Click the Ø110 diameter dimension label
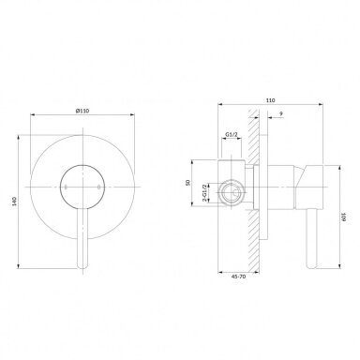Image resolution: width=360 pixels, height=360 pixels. (82, 111)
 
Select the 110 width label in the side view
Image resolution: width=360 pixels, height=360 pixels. (271, 100)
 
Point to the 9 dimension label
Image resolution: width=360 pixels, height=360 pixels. (281, 114)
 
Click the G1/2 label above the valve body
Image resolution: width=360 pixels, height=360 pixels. (232, 134)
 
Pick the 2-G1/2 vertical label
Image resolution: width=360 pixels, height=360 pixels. (204, 194)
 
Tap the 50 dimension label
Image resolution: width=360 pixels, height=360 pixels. (187, 182)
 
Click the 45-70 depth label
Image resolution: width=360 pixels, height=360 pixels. (239, 277)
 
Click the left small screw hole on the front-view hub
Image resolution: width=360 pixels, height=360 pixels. (66, 187)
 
